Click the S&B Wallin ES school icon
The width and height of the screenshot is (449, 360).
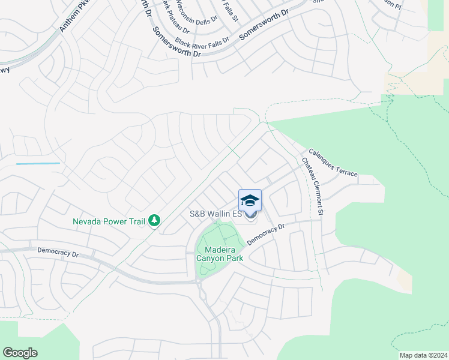250,200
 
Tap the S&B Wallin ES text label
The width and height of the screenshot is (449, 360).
215,214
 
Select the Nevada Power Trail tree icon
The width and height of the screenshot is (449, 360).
154,221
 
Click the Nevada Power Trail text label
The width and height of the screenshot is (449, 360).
109,221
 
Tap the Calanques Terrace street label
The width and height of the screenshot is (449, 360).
333,163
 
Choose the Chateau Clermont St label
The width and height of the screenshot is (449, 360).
312,187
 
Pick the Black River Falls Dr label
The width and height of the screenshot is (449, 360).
202,41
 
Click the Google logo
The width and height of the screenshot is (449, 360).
20,353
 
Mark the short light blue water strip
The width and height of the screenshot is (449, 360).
38,163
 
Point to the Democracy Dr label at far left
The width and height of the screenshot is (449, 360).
58,252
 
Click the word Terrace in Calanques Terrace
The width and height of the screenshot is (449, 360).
346,170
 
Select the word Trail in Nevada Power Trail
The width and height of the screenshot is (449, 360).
135,221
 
